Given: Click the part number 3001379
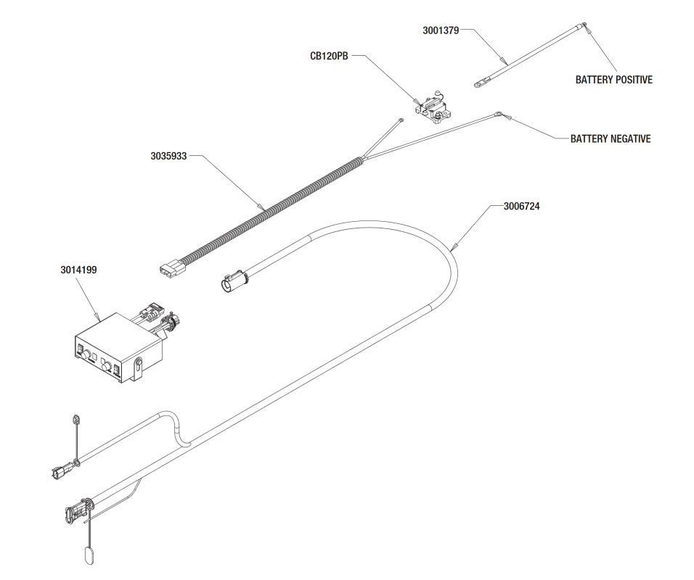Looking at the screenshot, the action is tap(441, 30).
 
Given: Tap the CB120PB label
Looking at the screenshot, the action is tap(329, 56).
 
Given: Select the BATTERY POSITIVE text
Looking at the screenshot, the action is tap(614, 80).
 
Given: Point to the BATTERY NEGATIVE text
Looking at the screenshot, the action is tap(611, 138).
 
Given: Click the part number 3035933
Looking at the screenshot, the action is tap(168, 156).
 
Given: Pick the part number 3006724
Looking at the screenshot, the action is tap(521, 207).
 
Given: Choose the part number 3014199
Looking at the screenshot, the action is tap(79, 270).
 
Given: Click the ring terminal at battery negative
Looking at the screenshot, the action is tap(499, 115).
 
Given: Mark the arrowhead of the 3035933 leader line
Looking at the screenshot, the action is tap(262, 207).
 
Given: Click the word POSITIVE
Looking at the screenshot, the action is tap(632, 80).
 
